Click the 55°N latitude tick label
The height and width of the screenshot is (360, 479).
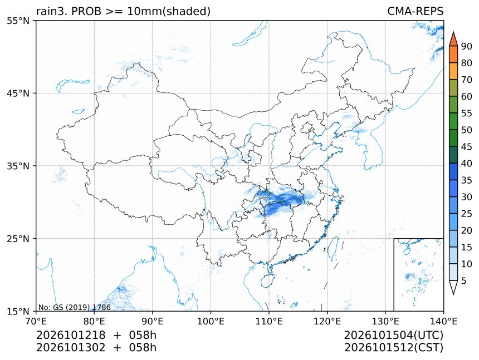[x=18, y=21]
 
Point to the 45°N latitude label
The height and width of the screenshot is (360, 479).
[x=18, y=93]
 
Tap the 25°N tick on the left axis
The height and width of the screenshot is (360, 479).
[x=18, y=239]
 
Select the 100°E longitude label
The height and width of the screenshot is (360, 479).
[x=211, y=321]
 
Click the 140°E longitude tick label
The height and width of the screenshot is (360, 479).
[x=443, y=321]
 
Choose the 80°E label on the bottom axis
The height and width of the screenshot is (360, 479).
[x=94, y=321]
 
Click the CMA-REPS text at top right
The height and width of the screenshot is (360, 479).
[x=415, y=11]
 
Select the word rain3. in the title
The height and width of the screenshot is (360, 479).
[x=52, y=12]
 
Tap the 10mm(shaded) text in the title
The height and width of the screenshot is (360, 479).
[x=169, y=12]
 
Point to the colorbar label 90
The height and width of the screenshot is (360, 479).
[x=466, y=46]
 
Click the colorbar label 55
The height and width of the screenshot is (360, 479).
[x=466, y=114]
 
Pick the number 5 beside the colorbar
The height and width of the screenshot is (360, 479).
[x=464, y=280]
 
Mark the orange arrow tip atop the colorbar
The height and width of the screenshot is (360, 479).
[x=453, y=32]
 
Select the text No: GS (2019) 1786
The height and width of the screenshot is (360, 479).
[x=74, y=307]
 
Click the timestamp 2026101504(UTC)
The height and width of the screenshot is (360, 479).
[x=393, y=335]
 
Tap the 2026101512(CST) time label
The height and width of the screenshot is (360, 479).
[x=393, y=348]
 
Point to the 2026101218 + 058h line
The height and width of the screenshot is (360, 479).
[x=96, y=335]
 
